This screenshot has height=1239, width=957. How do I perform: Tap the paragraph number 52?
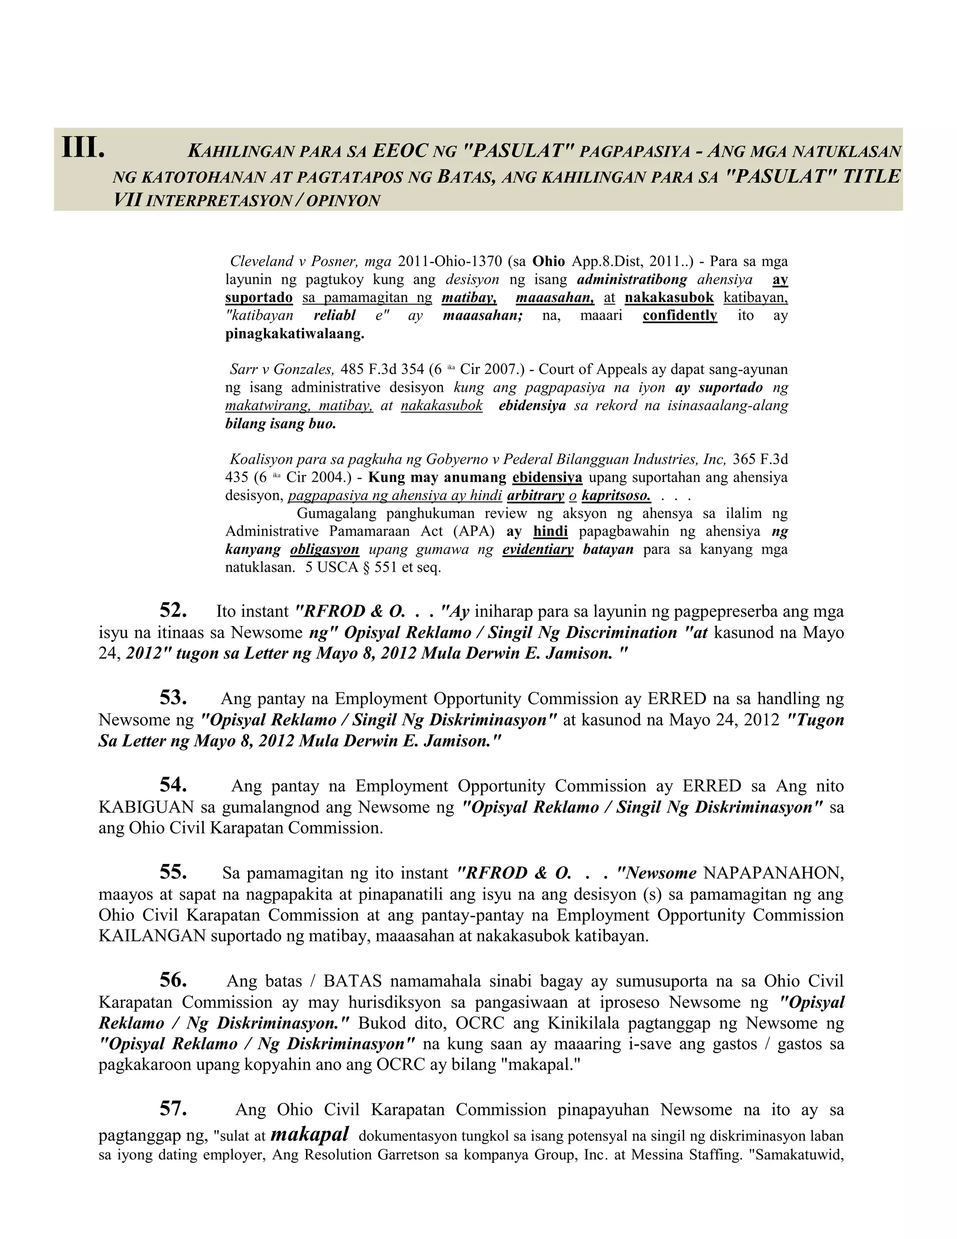click(x=173, y=611)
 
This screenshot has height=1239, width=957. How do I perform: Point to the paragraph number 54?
click(x=173, y=785)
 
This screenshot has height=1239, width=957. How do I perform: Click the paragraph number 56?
click(x=173, y=980)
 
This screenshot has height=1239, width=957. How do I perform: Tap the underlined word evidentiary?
click(x=537, y=549)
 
